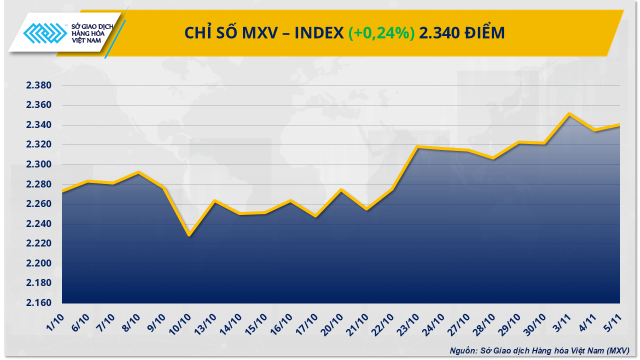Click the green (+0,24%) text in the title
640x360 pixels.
click(381, 33)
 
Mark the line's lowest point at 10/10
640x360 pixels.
click(189, 235)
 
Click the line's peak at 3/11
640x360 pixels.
click(569, 114)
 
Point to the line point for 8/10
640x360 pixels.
click(138, 172)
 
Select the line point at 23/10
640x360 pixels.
click(417, 147)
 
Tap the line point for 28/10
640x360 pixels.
click(493, 158)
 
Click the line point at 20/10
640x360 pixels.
click(341, 190)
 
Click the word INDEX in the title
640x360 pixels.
click(318, 33)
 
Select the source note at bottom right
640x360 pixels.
click(539, 350)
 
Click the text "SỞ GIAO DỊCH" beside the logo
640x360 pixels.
click(93, 26)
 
